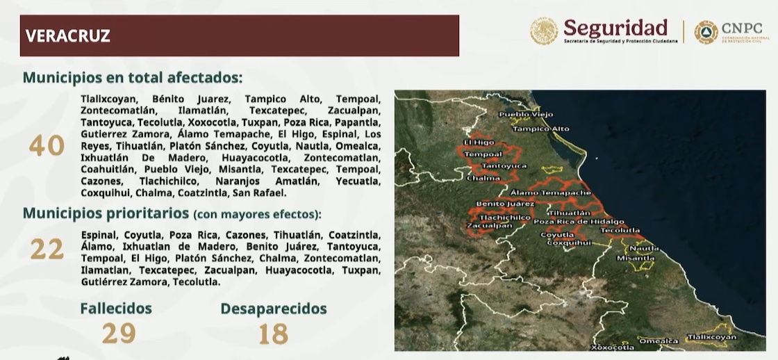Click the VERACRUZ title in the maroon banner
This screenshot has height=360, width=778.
coord(68,36)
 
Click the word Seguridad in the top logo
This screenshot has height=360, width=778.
coord(615,28)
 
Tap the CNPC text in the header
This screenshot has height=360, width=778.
coord(742,28)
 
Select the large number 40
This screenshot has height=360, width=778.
coord(47,146)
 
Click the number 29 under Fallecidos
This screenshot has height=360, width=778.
coord(118,334)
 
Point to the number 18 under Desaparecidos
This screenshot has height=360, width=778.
coord(273,334)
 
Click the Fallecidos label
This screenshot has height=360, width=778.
coord(115,308)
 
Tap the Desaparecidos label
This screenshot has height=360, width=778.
coord(274,309)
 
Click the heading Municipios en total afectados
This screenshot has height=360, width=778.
coord(133,77)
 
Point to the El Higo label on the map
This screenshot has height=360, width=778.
coord(479,142)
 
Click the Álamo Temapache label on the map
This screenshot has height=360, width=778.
coord(550,192)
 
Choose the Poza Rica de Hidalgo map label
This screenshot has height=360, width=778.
coord(579,221)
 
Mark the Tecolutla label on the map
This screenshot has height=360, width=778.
coord(620,229)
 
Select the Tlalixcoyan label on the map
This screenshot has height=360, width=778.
coord(711,337)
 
